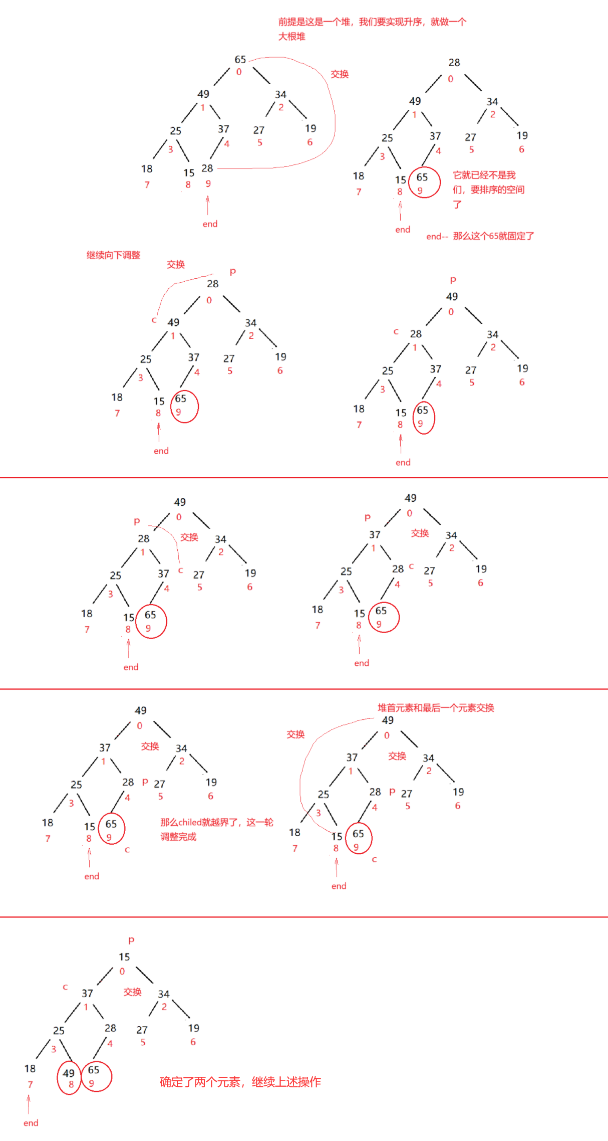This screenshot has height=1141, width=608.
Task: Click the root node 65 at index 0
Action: [240, 60]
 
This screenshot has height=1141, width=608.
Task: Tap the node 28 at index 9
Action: [207, 168]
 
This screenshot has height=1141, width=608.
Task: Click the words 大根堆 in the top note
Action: [292, 37]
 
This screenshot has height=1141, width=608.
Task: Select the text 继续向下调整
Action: [113, 255]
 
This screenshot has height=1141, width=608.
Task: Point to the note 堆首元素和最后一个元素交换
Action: [436, 708]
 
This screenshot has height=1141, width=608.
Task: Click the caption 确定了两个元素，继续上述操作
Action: [240, 1082]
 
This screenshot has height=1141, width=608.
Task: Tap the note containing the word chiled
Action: [216, 829]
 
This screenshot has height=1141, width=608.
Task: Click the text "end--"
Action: [437, 237]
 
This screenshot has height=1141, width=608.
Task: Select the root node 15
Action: [124, 957]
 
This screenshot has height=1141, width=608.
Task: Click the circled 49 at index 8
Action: [69, 1073]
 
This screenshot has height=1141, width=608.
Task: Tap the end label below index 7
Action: [31, 1123]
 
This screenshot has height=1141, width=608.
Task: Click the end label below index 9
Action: [210, 224]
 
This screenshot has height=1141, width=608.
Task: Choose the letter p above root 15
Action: [131, 940]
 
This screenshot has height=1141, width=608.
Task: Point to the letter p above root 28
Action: [232, 272]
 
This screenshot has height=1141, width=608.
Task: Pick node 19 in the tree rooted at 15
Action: [194, 1028]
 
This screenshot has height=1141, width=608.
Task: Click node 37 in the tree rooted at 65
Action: [223, 129]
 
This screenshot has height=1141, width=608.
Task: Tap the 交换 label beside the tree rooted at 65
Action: [340, 74]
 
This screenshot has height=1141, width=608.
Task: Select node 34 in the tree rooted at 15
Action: [164, 994]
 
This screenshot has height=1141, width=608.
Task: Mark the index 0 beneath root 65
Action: [239, 72]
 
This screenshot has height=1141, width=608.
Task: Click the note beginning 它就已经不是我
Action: [488, 189]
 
